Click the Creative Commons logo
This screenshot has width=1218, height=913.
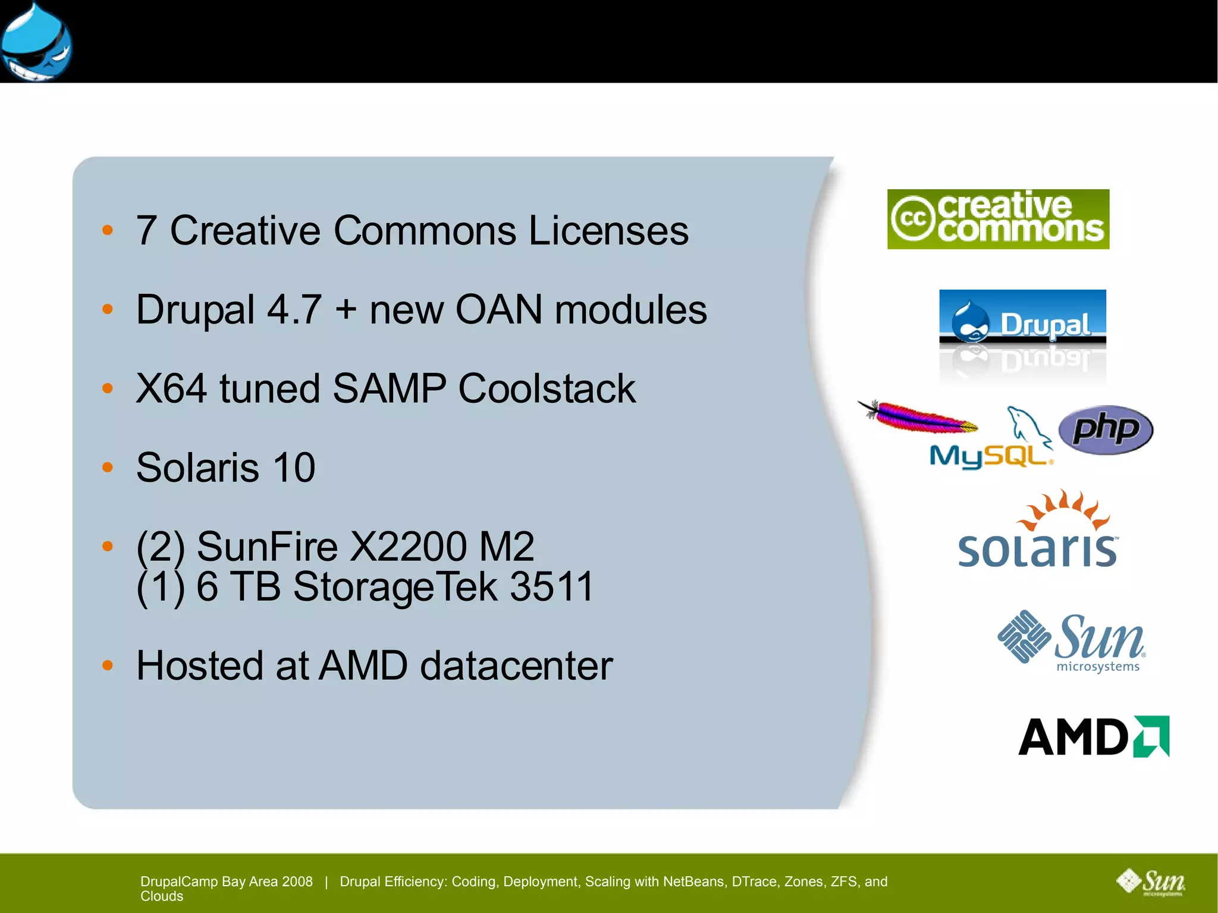tap(998, 219)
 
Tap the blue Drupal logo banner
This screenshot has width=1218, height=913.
tap(1022, 318)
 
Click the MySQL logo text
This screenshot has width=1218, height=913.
tap(988, 456)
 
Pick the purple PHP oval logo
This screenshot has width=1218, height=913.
tap(1106, 429)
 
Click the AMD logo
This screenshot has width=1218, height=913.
tap(1093, 736)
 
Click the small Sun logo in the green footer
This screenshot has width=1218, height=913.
tap(1150, 882)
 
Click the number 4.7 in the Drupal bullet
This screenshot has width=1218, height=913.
tap(294, 310)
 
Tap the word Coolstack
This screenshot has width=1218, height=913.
tap(547, 389)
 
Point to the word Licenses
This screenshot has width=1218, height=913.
tap(608, 231)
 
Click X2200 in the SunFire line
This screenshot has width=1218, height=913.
tap(408, 547)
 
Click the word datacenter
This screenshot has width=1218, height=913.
tap(516, 666)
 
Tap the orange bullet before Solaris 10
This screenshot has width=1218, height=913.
tap(108, 468)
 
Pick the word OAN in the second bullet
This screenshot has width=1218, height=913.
tap(498, 310)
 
